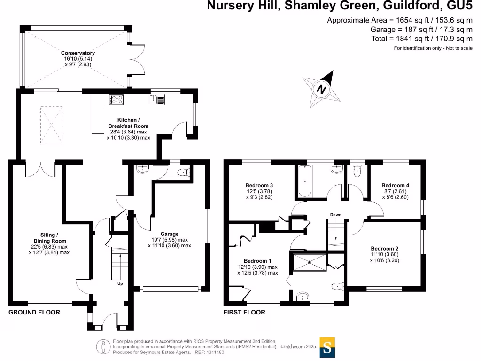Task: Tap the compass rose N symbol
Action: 322,89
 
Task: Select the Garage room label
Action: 170,234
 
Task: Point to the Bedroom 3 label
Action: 259,185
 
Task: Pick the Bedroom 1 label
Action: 257,261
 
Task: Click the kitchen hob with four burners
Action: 116,99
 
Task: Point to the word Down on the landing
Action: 335,215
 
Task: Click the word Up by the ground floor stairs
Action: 120,283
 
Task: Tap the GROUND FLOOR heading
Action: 34,312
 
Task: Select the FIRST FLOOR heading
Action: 244,312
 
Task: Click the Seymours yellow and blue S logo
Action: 327,347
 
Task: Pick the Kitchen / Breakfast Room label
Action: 128,126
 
